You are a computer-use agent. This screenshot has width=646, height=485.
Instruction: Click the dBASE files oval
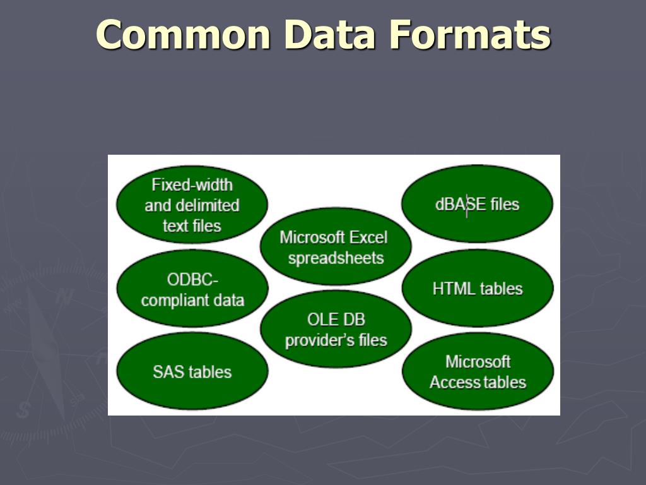(477, 204)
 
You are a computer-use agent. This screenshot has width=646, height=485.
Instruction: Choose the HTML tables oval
(478, 289)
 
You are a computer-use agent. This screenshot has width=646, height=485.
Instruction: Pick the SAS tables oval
(192, 371)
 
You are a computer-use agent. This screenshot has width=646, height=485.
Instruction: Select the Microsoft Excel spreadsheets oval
(335, 247)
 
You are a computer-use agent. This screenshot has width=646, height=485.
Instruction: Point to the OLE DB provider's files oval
(336, 329)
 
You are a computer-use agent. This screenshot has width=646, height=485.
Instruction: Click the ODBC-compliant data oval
(192, 289)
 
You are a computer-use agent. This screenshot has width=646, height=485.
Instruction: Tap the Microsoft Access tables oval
(478, 371)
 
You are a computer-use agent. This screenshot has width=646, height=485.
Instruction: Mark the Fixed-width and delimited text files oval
(192, 205)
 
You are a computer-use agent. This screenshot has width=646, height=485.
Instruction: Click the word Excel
(368, 237)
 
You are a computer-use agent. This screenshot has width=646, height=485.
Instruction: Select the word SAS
(167, 371)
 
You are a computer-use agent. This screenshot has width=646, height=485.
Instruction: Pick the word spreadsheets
(336, 258)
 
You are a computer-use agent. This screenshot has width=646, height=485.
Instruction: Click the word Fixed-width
(192, 184)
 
